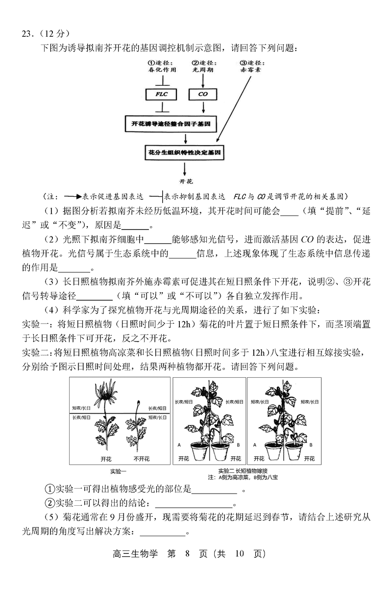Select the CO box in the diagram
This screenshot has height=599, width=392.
203,93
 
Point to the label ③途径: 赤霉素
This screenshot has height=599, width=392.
250,66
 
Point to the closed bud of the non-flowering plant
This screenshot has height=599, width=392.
138,405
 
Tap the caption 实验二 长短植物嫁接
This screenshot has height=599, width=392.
243,471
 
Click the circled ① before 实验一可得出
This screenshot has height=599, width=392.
49,489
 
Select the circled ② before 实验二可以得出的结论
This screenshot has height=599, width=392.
49,503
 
